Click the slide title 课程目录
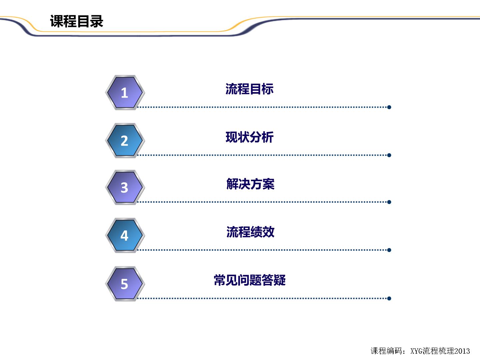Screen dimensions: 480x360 coord(77,21)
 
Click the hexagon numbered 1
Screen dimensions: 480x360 coord(125,92)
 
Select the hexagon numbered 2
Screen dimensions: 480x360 coord(125,140)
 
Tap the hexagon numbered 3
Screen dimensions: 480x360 coord(125,187)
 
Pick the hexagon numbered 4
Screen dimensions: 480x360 coord(125,235)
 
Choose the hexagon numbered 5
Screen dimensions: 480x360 coord(125,284)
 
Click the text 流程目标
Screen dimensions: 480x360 coord(250,89)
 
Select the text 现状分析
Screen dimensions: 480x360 coord(250,137)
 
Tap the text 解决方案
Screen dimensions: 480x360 coord(250,184)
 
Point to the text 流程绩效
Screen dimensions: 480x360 coord(250,232)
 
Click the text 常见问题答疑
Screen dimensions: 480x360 coord(250,280)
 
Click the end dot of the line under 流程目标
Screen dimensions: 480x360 coord(389,107)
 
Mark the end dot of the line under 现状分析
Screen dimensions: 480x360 coord(389,155)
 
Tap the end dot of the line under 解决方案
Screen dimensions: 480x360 coord(389,202)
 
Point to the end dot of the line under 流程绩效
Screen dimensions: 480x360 coord(389,250)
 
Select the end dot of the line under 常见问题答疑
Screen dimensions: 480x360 coord(389,298)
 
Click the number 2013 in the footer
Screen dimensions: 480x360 coord(462,351)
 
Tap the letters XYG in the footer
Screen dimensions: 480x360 coord(416,351)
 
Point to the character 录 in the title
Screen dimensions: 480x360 coord(96,21)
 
